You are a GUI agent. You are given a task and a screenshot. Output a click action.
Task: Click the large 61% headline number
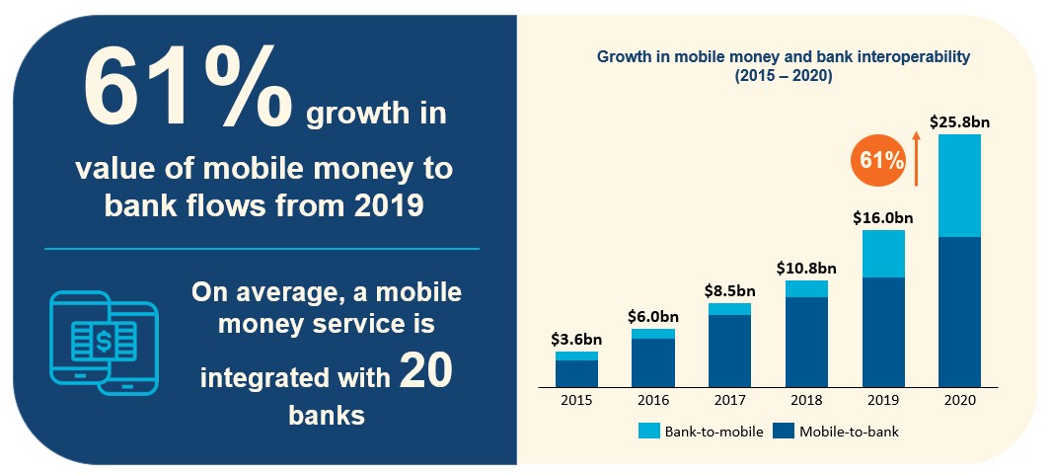[x=188, y=92]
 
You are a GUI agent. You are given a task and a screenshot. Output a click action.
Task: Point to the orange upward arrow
[x=916, y=162]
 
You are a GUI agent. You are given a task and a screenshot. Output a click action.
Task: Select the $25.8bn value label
[x=959, y=122]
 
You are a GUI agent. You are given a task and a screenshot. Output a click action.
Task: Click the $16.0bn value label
[x=883, y=218]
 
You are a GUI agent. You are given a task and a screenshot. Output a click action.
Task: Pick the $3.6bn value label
[x=576, y=340]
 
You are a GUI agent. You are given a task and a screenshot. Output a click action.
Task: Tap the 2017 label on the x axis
[x=730, y=400]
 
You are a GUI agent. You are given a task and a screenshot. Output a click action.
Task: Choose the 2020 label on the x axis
[x=959, y=400]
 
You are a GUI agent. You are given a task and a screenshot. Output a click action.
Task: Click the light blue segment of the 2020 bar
[x=959, y=186]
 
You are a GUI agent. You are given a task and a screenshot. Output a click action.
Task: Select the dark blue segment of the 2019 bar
[x=883, y=331]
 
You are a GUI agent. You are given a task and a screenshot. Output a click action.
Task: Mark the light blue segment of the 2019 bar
[x=883, y=254]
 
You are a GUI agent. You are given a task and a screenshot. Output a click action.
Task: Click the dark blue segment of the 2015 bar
[x=576, y=373]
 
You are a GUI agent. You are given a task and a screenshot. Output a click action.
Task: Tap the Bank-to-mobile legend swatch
[x=648, y=432]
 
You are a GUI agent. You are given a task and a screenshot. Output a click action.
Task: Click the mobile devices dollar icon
[x=104, y=343]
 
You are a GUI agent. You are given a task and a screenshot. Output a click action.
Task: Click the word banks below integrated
[x=327, y=415]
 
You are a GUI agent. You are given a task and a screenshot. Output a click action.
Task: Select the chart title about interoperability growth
[x=785, y=66]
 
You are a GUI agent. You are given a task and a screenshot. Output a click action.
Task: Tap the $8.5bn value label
[x=730, y=291]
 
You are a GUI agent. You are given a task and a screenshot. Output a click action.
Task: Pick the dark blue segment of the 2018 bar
[x=806, y=341]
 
